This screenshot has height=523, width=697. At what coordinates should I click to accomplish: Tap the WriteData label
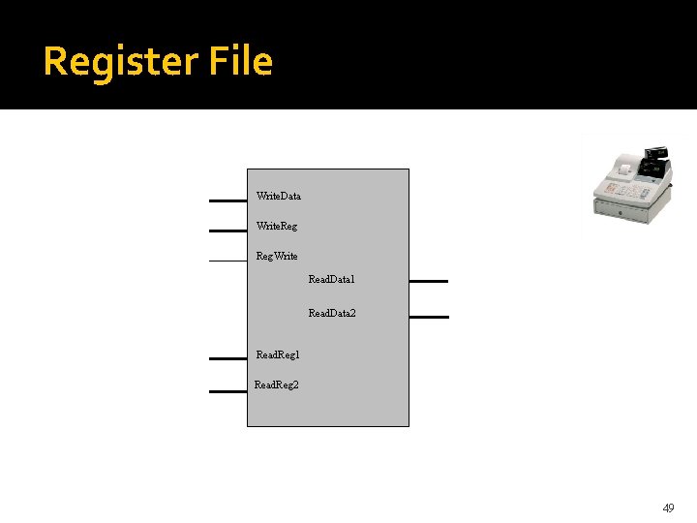(x=278, y=196)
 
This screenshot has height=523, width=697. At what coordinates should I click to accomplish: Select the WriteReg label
(x=276, y=226)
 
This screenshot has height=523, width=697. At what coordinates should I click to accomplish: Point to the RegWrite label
(x=276, y=256)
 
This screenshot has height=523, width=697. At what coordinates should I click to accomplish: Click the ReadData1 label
(x=331, y=279)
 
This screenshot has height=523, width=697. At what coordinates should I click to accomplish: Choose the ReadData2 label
(x=331, y=314)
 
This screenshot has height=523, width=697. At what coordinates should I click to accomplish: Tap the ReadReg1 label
(x=277, y=355)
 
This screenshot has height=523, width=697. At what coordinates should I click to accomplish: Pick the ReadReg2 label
(x=276, y=385)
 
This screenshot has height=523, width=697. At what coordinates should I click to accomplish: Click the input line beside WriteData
(x=227, y=200)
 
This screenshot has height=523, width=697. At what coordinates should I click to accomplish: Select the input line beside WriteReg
(x=227, y=231)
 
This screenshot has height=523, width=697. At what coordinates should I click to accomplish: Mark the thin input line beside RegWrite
(x=227, y=261)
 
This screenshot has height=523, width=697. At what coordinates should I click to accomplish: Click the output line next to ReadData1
(x=429, y=281)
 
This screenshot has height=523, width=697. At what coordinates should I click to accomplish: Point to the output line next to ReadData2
(x=429, y=316)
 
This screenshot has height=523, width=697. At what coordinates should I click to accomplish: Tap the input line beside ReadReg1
(x=227, y=357)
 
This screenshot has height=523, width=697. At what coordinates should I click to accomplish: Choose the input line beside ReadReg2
(x=227, y=391)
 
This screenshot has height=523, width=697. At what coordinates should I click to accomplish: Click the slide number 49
(x=667, y=508)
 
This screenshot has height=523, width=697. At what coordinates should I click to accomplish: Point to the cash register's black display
(x=657, y=153)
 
